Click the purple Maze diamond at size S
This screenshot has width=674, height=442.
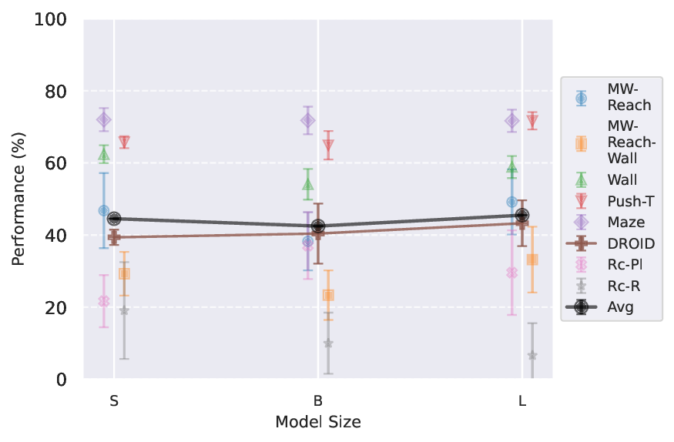tap(103, 119)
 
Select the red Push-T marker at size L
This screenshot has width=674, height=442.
tap(532, 121)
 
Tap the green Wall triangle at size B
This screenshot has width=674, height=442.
tap(308, 184)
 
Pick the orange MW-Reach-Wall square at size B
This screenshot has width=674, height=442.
tap(328, 295)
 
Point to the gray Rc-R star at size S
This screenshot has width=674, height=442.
tap(124, 310)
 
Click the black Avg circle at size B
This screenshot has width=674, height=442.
tap(318, 226)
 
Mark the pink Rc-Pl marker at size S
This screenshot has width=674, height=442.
tap(103, 301)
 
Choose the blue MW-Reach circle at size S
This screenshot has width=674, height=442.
tap(103, 211)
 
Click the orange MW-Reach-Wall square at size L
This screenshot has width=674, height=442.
tap(532, 260)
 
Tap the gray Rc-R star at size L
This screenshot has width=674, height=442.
tap(532, 355)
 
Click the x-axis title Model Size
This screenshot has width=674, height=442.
tap(318, 423)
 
